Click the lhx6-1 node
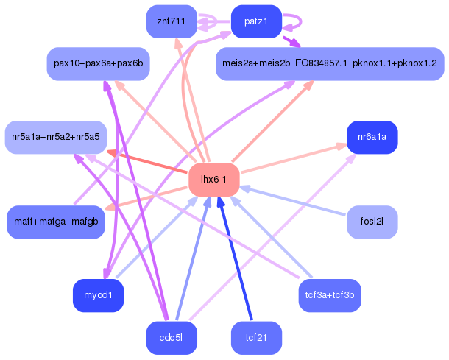coord(214,180)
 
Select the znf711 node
coord(171,21)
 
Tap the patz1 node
coord(256,21)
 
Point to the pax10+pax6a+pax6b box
coord(98,64)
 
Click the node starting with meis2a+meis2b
coord(330,64)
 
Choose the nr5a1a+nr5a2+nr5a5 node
coord(56,137)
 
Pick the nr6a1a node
coord(372,137)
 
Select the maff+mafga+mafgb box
coord(56,222)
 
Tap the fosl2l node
coord(372,222)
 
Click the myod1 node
coord(98,295)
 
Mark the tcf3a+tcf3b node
coord(330,295)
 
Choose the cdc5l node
coord(171,338)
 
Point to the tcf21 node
coord(256,338)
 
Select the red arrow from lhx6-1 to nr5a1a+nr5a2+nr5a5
coord(147,162)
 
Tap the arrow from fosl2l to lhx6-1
coord(294,201)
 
